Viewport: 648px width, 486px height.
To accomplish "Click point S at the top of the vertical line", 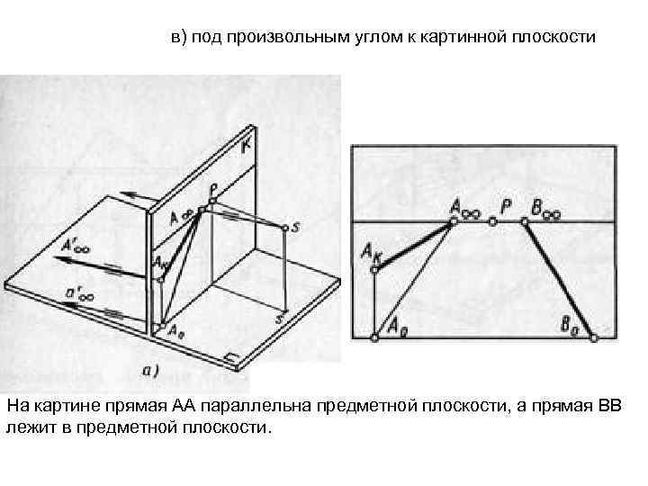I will point(286,228).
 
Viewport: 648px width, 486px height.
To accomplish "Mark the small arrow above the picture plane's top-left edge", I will point(135,193).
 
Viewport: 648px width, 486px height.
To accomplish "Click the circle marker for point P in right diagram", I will point(493,220).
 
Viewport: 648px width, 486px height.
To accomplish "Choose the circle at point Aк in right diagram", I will point(376,267).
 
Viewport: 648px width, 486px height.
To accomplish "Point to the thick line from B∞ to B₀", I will point(560,278).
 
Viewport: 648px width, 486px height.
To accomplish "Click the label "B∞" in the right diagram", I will point(545,206).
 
